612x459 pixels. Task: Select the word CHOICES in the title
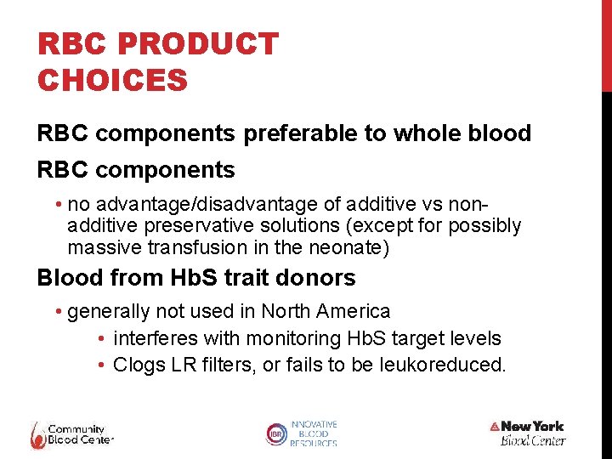112,81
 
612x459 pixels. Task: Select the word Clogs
138,365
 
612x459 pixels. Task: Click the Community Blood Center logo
71,433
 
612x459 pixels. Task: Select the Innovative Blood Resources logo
302,433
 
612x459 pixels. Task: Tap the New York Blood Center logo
528,433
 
